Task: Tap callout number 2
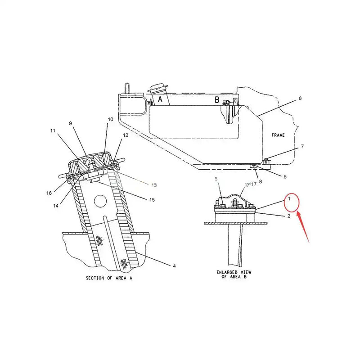point(288,216)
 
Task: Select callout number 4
point(175,266)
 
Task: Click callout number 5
point(285,176)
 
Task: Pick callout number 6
point(300,98)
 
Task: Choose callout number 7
point(302,146)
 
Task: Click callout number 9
point(70,123)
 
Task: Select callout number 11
point(53,131)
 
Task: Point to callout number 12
point(126,135)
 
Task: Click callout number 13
point(153,185)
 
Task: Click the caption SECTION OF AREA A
point(109,278)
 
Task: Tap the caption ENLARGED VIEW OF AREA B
point(234,275)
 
